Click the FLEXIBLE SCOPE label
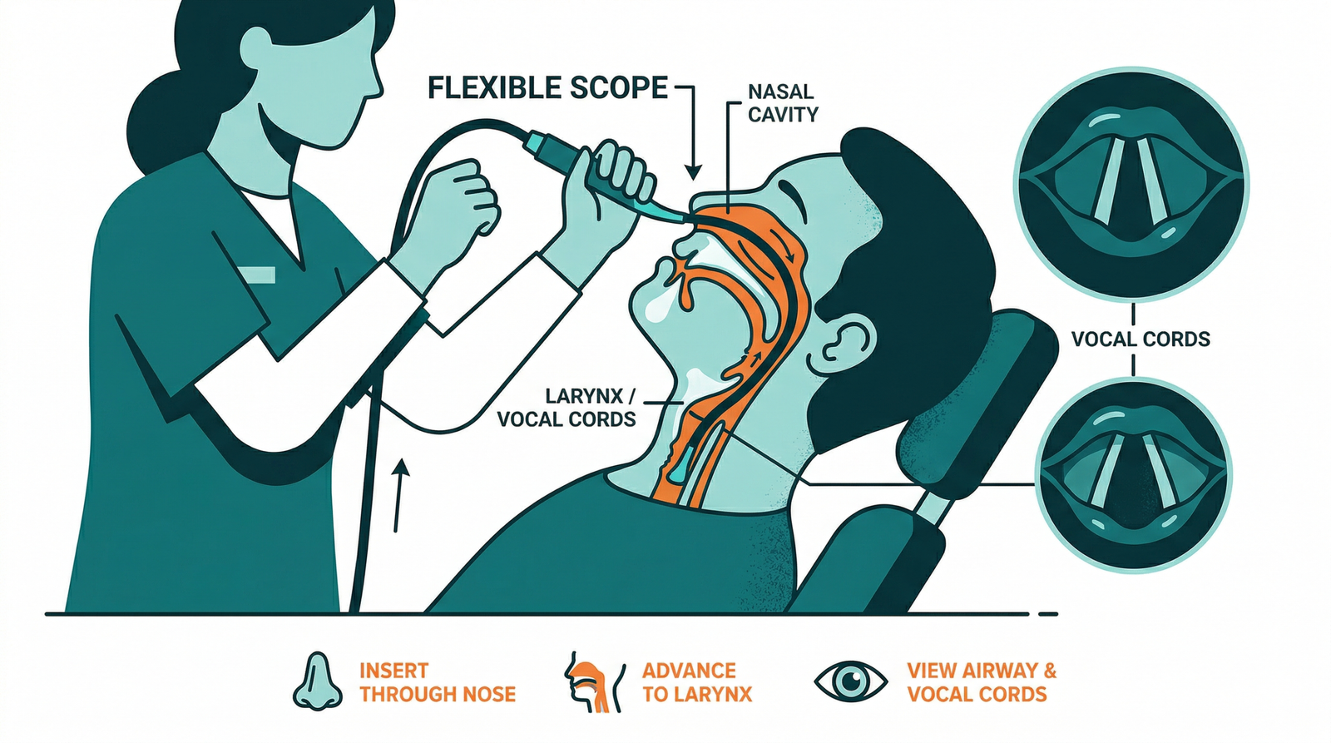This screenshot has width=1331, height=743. tap(547, 88)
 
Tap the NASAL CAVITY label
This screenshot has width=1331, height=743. tap(783, 103)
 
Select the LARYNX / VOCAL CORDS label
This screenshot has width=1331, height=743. tap(567, 407)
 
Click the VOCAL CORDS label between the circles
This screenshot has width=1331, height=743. tap(1141, 339)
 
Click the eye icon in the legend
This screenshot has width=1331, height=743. tap(851, 681)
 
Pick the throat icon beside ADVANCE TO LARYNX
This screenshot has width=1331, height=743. tap(594, 681)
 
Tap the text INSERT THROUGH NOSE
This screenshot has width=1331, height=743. tap(438, 682)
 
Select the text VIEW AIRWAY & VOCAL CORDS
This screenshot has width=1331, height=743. tap(982, 682)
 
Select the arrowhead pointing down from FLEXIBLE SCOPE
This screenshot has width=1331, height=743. tap(693, 171)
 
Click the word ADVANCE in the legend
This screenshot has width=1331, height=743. tap(689, 671)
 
